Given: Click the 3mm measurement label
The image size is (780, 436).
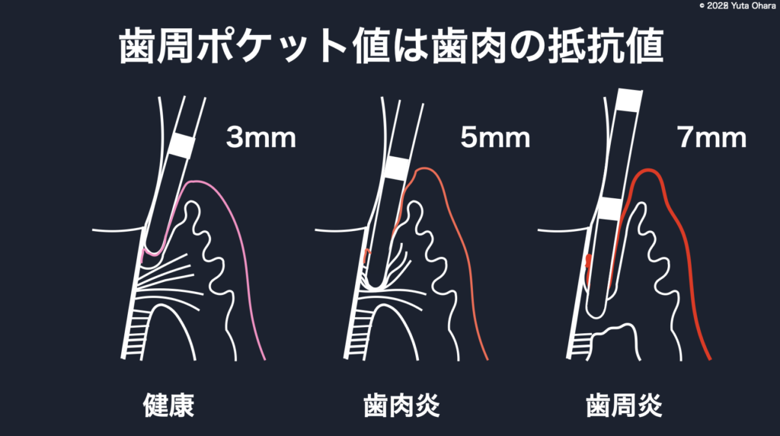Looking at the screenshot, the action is pos(261,137).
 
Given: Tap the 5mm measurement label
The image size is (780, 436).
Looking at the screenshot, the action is pos(495,137).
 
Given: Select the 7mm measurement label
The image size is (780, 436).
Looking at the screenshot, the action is pos(711,137).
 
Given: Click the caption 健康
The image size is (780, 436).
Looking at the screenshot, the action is pos(168,406).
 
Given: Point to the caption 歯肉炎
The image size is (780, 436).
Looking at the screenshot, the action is pos(401,406).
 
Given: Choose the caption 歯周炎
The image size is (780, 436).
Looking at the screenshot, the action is pos(624,406).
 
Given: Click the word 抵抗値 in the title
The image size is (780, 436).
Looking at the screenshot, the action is pos(606,46).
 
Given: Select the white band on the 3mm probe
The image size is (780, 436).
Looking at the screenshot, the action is pos(181,146).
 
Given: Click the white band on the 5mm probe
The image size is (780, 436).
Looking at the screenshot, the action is pos(397,168).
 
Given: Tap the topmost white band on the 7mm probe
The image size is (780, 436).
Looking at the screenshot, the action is pos(628,101).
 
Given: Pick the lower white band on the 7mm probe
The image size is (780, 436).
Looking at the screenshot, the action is pos(610,209).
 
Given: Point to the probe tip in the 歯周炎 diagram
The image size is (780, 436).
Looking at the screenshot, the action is pos(596,312).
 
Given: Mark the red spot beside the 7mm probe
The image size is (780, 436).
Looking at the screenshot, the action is pos(589,261).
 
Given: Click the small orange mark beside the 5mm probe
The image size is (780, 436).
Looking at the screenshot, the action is pos(367,255).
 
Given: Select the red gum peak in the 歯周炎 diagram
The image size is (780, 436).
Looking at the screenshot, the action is pos(648,172).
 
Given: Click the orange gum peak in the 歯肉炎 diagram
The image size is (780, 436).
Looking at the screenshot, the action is pos(424,169).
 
